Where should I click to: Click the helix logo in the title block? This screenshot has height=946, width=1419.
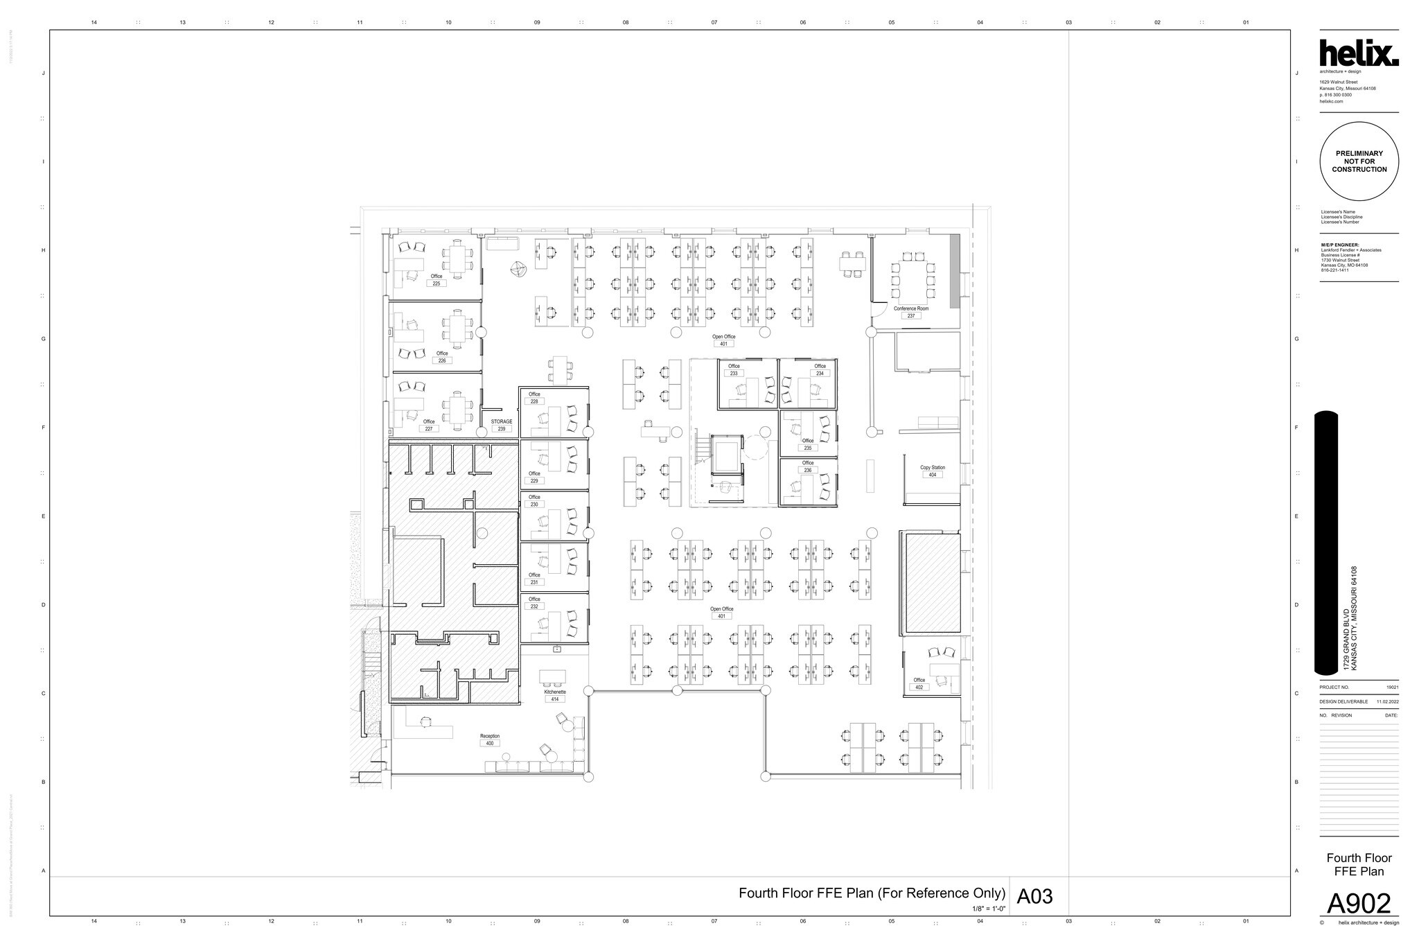tap(1358, 54)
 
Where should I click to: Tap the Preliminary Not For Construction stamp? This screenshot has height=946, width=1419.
tap(1359, 161)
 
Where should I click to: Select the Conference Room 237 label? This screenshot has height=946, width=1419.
tap(910, 312)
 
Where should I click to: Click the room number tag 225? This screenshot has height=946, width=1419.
tap(437, 283)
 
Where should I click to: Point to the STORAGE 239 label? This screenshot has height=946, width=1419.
tap(502, 425)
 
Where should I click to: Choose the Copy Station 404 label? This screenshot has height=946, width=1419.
tap(932, 471)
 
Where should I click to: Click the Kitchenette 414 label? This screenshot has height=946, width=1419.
tap(555, 695)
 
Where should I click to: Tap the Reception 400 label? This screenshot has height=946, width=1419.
tap(490, 739)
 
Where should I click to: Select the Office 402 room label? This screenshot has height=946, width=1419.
tap(919, 683)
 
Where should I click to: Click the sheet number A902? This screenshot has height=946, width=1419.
tap(1358, 904)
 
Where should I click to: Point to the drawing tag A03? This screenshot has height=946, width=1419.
tap(1034, 897)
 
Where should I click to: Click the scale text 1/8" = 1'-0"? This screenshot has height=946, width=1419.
tap(988, 908)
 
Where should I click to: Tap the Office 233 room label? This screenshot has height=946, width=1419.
tap(734, 369)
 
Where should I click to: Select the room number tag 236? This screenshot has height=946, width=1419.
tap(808, 470)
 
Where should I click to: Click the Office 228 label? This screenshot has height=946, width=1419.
tap(534, 398)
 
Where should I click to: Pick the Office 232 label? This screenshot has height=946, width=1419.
tap(534, 603)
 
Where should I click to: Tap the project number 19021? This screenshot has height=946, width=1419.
tap(1392, 687)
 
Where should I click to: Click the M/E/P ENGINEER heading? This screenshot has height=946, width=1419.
tap(1340, 245)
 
